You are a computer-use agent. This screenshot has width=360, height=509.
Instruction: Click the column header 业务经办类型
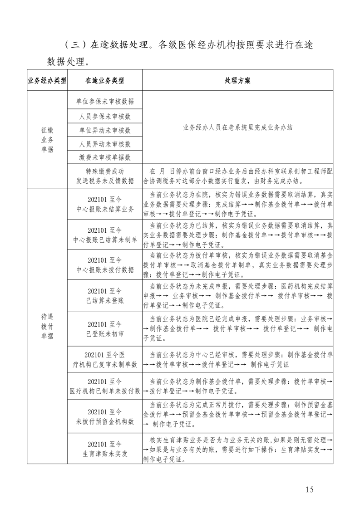click(47, 80)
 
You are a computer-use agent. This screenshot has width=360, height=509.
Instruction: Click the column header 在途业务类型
click(105, 80)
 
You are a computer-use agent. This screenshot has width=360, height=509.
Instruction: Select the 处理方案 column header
click(237, 80)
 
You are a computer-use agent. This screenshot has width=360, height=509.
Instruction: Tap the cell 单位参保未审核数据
click(105, 101)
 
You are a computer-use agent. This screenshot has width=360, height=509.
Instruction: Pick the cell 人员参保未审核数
click(105, 116)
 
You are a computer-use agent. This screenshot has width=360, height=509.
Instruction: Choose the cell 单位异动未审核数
click(105, 130)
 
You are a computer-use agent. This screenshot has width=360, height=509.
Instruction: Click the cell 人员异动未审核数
click(105, 144)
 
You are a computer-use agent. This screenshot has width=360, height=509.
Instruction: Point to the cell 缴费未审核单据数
click(105, 157)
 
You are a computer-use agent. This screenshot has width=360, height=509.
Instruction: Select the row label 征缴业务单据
click(47, 140)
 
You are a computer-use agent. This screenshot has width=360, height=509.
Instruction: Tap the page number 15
click(309, 489)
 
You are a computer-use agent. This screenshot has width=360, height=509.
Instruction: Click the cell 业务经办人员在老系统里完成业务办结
click(237, 127)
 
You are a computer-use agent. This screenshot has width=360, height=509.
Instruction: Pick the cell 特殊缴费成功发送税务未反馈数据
click(105, 176)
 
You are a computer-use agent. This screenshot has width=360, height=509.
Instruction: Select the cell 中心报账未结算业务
click(105, 204)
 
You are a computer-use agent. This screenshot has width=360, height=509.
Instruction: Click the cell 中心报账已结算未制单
click(105, 235)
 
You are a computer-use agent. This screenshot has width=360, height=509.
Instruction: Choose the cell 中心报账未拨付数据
click(105, 265)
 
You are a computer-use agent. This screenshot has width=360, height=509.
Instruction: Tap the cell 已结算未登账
click(105, 295)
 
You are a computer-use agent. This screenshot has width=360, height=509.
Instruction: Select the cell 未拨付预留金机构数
click(105, 416)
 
